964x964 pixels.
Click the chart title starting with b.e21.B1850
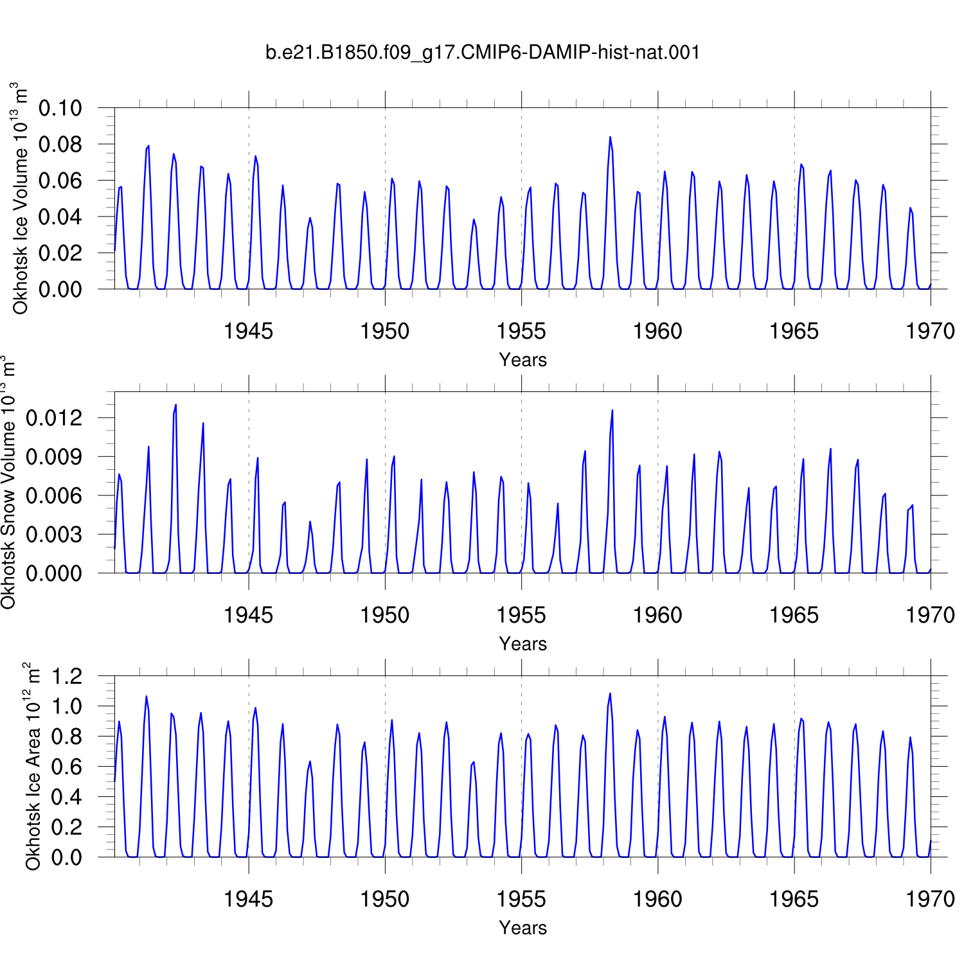(482, 53)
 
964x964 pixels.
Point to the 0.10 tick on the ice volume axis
(60, 108)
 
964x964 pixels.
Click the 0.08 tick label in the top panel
(60, 145)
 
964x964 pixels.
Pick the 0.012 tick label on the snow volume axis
(54, 418)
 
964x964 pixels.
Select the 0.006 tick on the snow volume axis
(54, 495)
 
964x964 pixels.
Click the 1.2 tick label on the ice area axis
(67, 676)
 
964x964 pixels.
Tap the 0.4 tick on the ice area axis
(67, 797)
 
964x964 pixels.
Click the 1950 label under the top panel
(385, 332)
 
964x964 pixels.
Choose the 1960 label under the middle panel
(657, 616)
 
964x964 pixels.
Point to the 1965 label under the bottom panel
(794, 900)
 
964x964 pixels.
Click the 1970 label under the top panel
(931, 332)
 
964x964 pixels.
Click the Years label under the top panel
(523, 360)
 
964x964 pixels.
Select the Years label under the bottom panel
(523, 928)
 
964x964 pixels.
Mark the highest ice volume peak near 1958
(610, 137)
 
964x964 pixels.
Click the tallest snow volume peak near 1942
(176, 405)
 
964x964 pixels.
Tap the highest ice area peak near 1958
(610, 693)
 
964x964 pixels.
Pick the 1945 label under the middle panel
(248, 616)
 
